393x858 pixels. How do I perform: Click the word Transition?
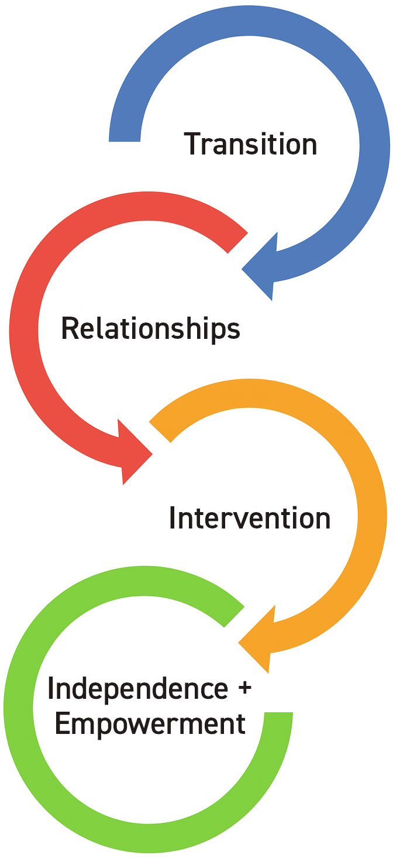251,144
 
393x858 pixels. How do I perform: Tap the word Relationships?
150,329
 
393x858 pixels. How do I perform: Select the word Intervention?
250,518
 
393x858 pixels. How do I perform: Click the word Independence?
137,689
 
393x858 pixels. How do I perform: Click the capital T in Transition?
194,144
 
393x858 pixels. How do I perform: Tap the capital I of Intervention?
173,518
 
